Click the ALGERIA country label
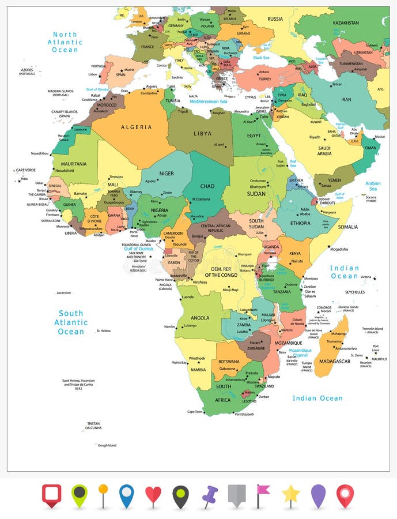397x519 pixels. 136,127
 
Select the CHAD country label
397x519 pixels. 207,186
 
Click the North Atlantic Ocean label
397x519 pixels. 65,42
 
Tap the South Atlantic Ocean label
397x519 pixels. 71,322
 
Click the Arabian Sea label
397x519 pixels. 373,186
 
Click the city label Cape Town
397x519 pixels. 195,412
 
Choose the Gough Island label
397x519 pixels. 107,445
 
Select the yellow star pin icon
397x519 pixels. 291,495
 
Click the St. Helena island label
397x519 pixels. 104,330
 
